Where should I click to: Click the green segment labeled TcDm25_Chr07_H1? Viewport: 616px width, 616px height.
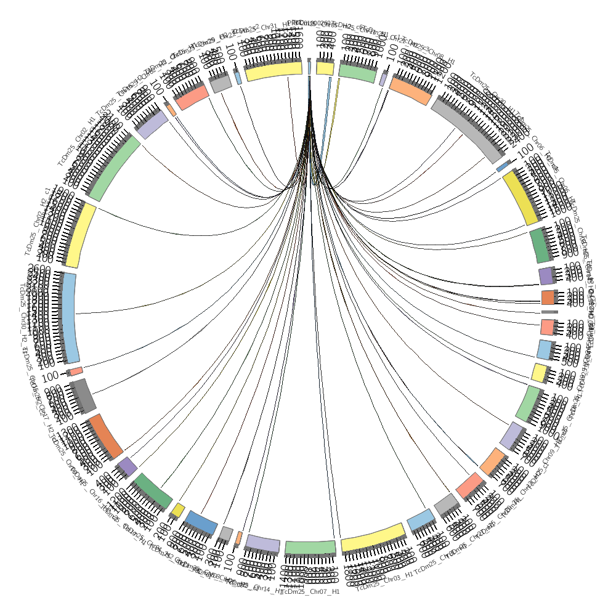pos(310,547)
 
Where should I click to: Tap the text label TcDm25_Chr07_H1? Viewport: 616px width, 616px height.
pos(315,593)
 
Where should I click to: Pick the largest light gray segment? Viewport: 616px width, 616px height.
pos(471,127)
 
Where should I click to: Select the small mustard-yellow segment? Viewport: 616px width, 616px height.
pos(177,509)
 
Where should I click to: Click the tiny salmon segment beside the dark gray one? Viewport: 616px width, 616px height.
pos(76,371)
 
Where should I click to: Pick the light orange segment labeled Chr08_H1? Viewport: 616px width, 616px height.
pos(410,90)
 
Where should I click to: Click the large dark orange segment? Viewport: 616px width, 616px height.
pos(105,436)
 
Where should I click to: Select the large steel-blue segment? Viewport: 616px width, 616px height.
pos(201,522)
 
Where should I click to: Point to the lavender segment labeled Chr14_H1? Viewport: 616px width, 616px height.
pos(263,543)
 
